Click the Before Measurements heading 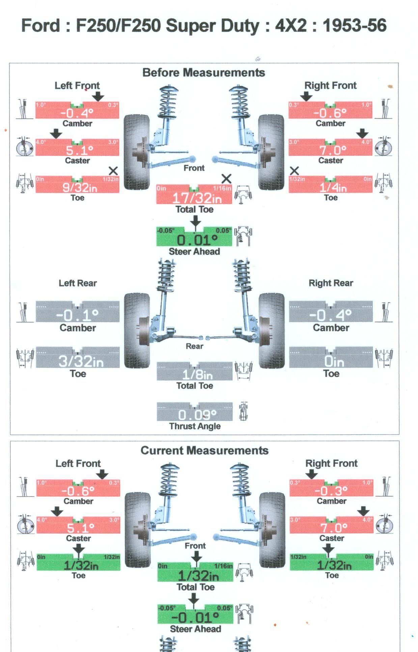[203, 72]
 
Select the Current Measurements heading [204, 451]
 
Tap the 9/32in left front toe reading [80, 187]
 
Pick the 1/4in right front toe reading [333, 187]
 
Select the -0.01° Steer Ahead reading [195, 618]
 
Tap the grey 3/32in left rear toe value [81, 361]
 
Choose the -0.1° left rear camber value [77, 315]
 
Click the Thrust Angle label [195, 426]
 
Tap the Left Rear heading [78, 283]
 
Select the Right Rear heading [331, 283]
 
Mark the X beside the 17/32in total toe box [226, 179]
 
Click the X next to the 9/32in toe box [113, 170]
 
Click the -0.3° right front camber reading [331, 490]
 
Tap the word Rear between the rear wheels [194, 346]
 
